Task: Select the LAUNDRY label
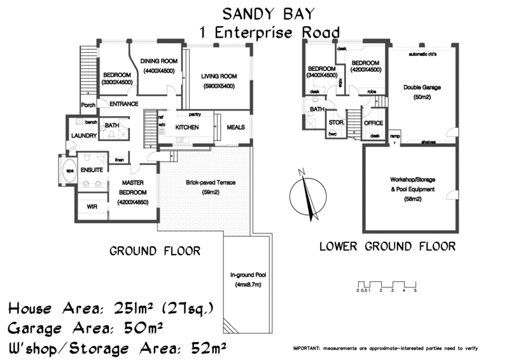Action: [x=83, y=135]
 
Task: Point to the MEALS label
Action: [x=235, y=127]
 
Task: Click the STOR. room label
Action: [x=335, y=122]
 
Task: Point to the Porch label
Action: [x=88, y=106]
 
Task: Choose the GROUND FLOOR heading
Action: [x=155, y=251]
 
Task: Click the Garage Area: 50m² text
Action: [x=87, y=329]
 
